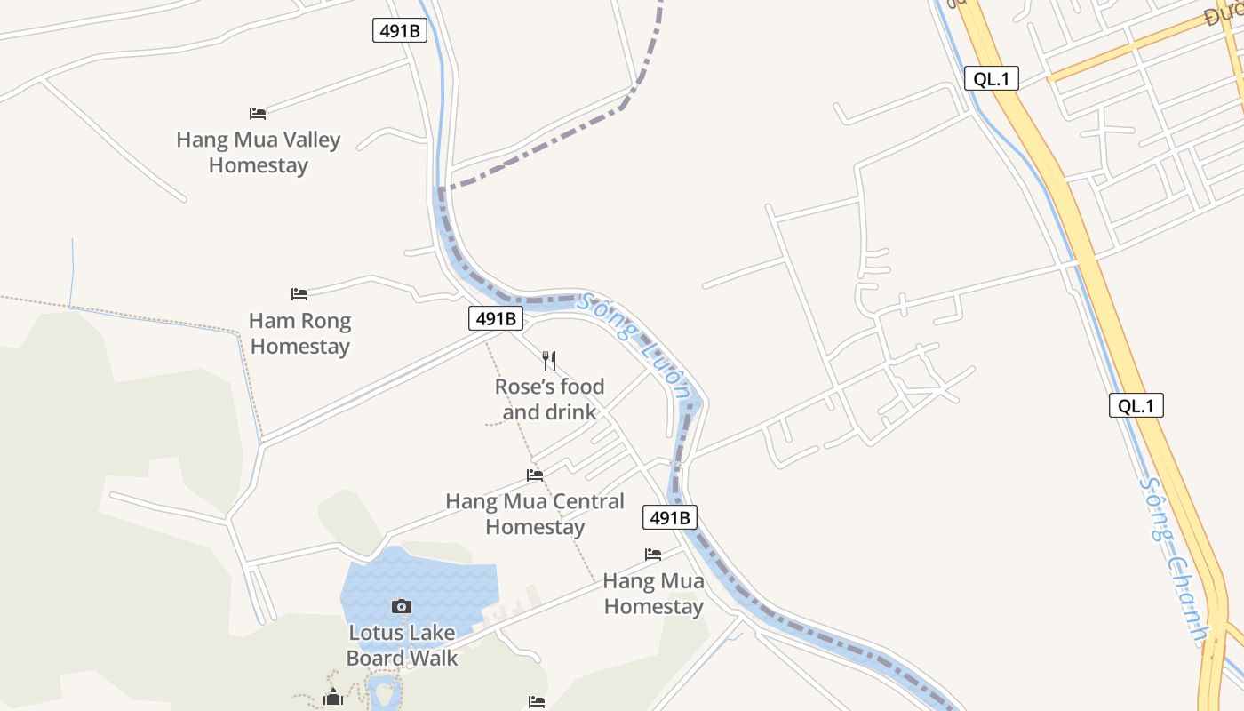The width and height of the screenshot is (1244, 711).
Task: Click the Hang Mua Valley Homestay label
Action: pos(259,152)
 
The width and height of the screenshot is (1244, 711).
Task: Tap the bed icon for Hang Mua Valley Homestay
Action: pos(258,113)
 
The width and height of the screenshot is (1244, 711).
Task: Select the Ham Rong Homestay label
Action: pos(300,333)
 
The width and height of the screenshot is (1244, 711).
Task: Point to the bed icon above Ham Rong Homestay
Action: pos(299,293)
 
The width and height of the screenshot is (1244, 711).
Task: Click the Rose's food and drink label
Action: pos(549,399)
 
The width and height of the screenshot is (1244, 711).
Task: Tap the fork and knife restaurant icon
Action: pos(549,360)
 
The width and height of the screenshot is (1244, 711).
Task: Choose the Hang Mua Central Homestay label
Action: pos(535,514)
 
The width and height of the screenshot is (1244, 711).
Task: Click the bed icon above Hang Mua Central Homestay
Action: pos(535,475)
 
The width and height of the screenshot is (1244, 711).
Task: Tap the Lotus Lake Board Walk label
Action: pos(402,645)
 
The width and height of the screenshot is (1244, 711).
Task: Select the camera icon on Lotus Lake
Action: pos(402,606)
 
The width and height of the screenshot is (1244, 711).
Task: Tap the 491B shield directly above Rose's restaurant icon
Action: pos(496,318)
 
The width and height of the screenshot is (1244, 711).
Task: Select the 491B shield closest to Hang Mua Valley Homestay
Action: pos(400,30)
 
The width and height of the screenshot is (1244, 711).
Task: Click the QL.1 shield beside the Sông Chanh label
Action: pos(1136,406)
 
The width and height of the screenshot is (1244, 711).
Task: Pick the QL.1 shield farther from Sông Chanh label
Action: pos(992,78)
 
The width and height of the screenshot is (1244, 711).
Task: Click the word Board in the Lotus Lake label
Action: pos(373,659)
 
